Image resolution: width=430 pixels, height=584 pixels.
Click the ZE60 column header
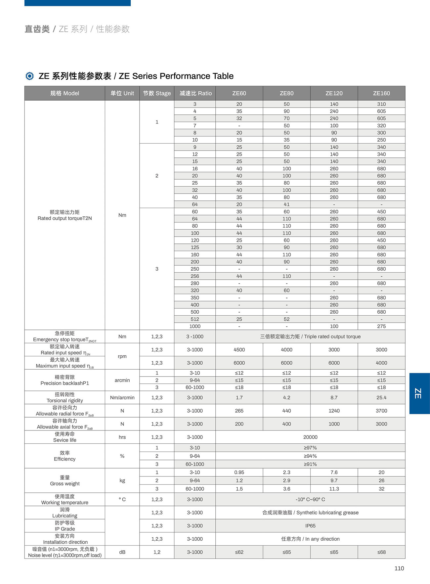point(239,93)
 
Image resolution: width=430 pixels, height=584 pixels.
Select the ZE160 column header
point(381,93)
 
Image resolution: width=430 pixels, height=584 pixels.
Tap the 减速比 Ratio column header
point(195,93)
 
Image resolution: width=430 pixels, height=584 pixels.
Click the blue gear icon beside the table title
point(29,76)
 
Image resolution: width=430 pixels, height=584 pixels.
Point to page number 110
point(399,568)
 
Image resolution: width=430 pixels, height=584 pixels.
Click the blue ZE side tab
point(419,393)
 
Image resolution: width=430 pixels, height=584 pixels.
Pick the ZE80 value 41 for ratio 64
point(286,204)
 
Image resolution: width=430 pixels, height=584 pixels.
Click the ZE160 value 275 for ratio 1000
point(381,326)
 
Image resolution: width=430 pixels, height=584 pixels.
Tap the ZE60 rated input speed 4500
point(239,350)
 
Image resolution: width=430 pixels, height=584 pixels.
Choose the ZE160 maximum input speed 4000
point(381,363)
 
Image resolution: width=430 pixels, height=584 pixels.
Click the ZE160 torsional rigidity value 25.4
point(381,397)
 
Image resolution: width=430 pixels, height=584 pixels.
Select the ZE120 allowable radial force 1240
point(334,411)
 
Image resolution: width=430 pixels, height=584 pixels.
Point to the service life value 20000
point(310,437)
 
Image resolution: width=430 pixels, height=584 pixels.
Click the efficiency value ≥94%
point(310,456)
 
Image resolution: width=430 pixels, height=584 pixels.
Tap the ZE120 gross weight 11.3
point(334,489)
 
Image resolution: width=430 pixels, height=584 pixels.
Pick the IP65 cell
point(310,526)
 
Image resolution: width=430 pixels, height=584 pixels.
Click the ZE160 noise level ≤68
point(381,552)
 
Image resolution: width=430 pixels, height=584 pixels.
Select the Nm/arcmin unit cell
point(122,397)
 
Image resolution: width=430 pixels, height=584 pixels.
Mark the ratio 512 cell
point(195,319)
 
